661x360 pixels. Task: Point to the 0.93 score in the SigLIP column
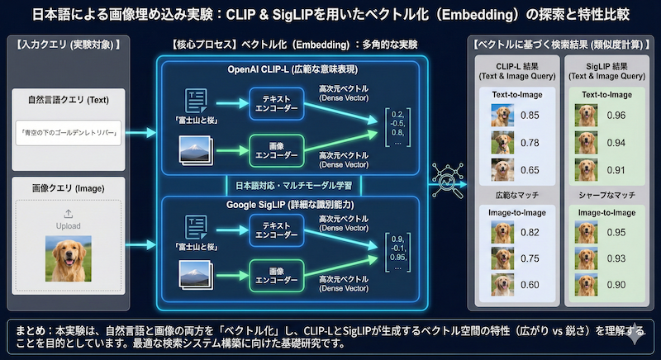pyautogui.click(x=616, y=258)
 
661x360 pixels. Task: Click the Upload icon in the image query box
pyautogui.click(x=68, y=214)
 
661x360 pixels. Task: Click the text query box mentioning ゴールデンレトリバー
pyautogui.click(x=68, y=131)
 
